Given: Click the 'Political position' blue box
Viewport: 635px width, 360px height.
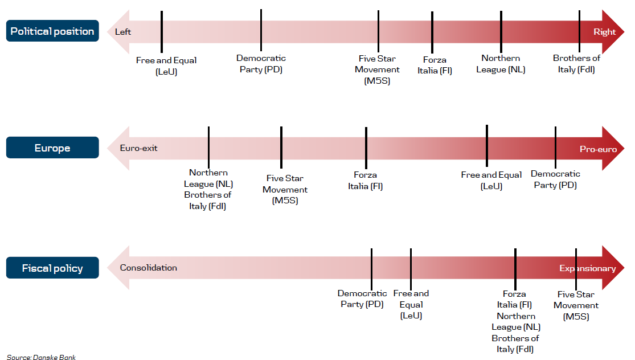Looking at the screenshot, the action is pyautogui.click(x=52, y=31).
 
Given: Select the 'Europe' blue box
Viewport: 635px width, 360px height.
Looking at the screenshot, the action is pyautogui.click(x=52, y=148).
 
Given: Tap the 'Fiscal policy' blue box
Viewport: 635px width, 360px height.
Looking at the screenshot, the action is pyautogui.click(x=52, y=268).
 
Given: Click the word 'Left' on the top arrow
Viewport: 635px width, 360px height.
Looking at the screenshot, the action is pyautogui.click(x=122, y=31).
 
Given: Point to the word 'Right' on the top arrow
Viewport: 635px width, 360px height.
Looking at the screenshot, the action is pyautogui.click(x=605, y=31).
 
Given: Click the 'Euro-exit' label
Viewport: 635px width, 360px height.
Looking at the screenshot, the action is pyautogui.click(x=138, y=148).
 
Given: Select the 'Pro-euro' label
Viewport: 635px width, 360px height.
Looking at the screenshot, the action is pyautogui.click(x=598, y=149).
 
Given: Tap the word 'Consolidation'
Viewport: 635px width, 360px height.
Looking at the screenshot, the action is pyautogui.click(x=148, y=268).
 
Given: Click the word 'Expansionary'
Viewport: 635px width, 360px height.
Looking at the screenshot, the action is pyautogui.click(x=588, y=268).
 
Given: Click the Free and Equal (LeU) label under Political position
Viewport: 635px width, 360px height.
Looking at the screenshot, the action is pyautogui.click(x=166, y=66).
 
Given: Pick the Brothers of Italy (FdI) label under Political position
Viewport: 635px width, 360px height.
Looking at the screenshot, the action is pyautogui.click(x=576, y=64).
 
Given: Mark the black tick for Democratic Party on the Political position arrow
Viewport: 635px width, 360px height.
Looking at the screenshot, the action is pyautogui.click(x=261, y=30).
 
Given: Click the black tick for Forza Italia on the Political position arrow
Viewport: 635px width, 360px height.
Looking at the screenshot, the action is pyautogui.click(x=432, y=32).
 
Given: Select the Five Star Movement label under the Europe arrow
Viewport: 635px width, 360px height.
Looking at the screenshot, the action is pyautogui.click(x=285, y=189).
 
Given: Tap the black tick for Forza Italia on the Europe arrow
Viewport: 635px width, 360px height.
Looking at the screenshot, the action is pyautogui.click(x=366, y=148).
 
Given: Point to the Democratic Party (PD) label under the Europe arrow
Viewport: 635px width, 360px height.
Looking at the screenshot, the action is pyautogui.click(x=555, y=179).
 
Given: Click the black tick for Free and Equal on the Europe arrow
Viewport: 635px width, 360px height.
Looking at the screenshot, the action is pyautogui.click(x=487, y=146).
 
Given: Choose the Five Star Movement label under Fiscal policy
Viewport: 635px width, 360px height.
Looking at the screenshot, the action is pyautogui.click(x=576, y=305).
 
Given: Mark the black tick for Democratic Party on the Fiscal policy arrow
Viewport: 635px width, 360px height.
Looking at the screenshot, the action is pyautogui.click(x=371, y=269).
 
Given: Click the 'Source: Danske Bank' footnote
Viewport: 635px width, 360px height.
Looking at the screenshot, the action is pyautogui.click(x=42, y=357).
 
